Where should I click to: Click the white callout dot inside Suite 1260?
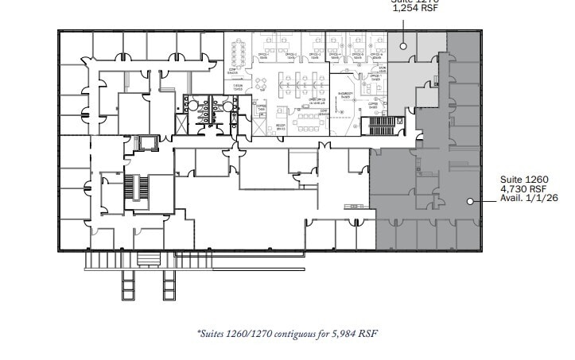(472, 201)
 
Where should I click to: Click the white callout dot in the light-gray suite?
(403, 46)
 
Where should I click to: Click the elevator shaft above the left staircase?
(143, 144)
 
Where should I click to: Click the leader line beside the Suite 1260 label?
(486, 201)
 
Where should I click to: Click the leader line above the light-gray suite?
(403, 28)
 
